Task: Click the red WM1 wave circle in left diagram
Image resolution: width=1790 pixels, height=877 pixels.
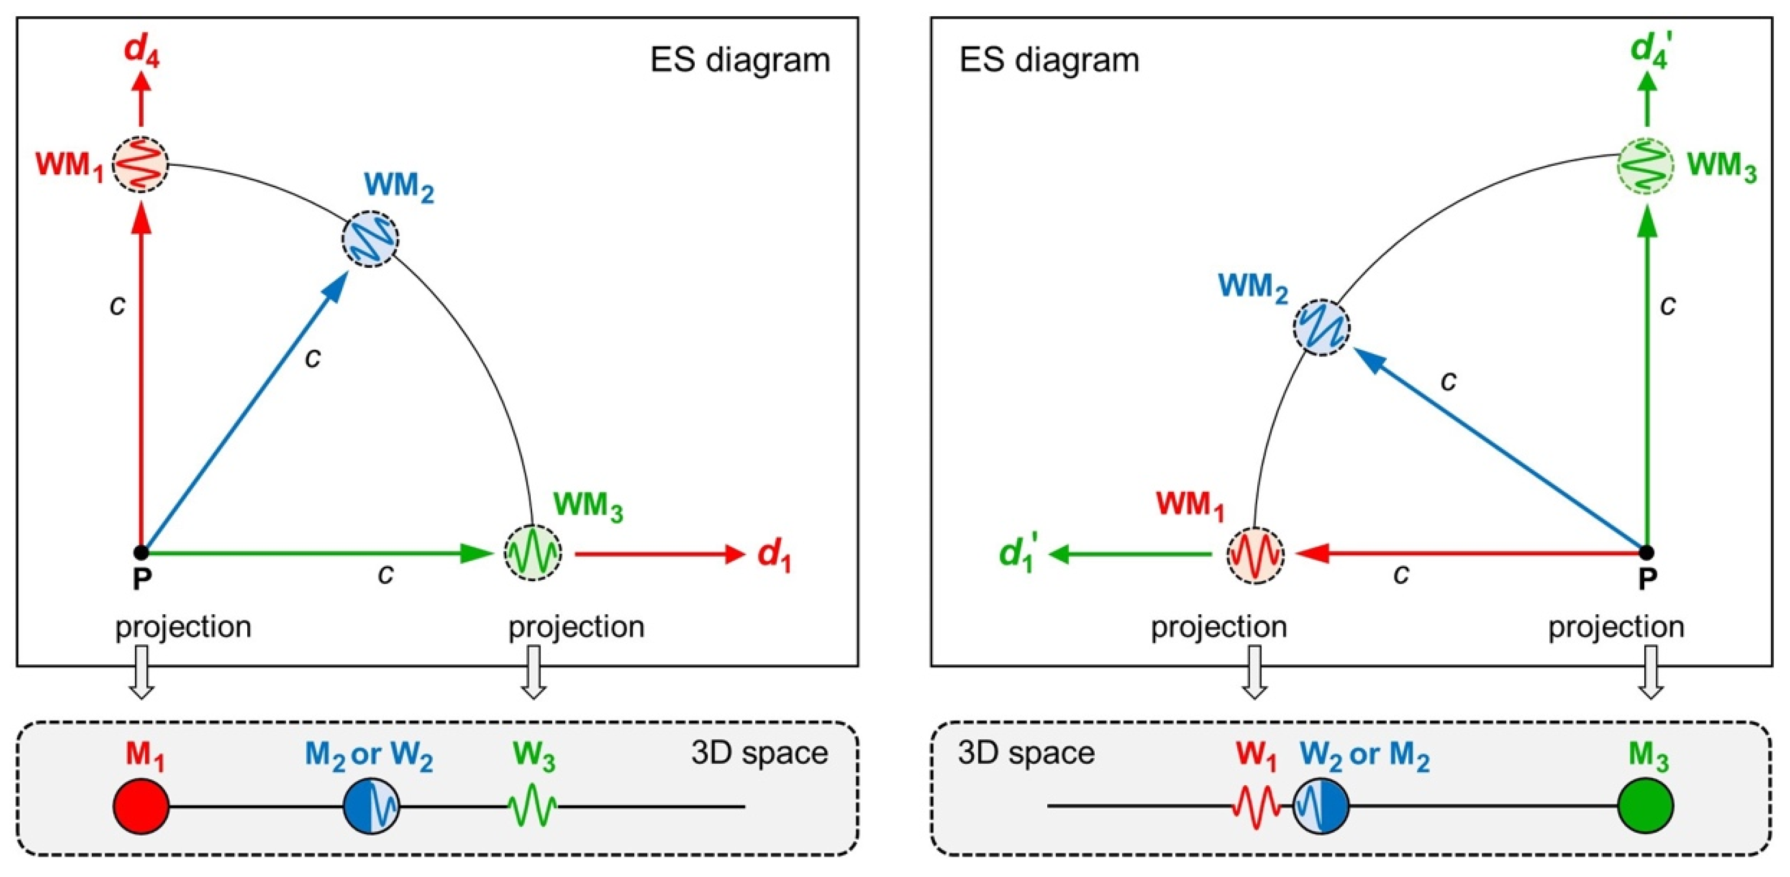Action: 141,165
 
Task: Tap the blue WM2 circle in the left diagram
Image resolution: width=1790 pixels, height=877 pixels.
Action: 370,239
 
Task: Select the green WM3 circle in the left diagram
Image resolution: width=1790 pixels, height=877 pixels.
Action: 532,553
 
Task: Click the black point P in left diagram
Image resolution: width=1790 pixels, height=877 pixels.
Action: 141,553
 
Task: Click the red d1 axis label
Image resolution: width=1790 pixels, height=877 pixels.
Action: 774,555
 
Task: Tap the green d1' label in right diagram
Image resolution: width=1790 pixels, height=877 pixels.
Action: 1019,555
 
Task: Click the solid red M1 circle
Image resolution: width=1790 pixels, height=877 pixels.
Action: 141,806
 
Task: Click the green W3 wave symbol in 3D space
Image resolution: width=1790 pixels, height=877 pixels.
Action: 532,806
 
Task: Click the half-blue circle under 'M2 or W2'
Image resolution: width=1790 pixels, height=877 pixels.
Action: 371,806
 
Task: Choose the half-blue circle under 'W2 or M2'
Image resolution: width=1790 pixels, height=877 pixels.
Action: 1320,806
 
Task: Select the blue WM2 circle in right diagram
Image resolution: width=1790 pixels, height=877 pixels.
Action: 1321,327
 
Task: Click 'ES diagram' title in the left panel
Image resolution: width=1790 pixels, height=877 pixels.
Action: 740,60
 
